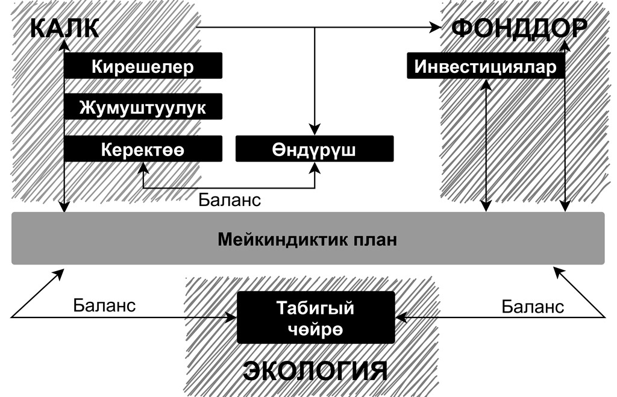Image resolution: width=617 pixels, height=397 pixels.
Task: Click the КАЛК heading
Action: [64, 28]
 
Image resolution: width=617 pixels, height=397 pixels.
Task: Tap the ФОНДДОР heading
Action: [519, 28]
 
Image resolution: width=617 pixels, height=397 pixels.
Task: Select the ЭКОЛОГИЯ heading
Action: [315, 370]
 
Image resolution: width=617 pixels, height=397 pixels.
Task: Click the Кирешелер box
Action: [143, 66]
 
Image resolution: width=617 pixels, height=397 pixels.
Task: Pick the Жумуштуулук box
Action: [143, 107]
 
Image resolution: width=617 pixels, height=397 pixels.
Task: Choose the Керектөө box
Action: [143, 149]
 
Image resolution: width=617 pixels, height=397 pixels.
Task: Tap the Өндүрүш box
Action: [315, 149]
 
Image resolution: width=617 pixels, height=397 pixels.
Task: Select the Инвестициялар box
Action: [486, 66]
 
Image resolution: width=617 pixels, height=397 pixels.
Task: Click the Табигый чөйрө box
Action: [316, 317]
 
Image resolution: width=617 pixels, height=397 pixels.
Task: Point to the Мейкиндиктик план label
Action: [307, 239]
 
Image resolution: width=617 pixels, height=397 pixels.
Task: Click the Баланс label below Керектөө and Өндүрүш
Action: [230, 200]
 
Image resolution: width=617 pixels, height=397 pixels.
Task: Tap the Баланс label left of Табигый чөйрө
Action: [104, 305]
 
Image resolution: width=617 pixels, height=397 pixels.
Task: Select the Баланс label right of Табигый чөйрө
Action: [533, 307]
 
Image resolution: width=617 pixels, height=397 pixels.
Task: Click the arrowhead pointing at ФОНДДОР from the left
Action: [435, 27]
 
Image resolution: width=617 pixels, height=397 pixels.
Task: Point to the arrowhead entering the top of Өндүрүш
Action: [315, 130]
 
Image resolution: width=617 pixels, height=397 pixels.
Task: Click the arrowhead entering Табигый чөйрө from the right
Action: [401, 317]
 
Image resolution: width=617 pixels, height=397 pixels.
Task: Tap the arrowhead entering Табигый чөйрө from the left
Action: [231, 317]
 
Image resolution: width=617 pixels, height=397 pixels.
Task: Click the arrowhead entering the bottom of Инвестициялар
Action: [486, 85]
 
